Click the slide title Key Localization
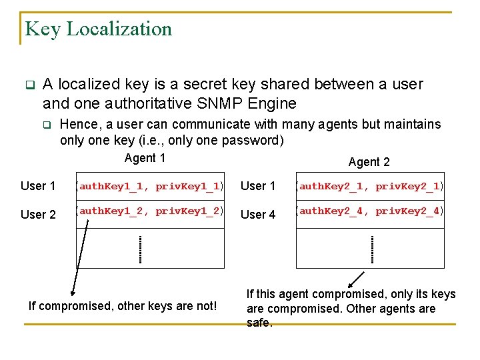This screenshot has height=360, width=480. [x=98, y=29]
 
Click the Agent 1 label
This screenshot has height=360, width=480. [x=145, y=158]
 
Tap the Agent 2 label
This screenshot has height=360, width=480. [x=369, y=162]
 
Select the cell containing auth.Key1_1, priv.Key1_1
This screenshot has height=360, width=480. [x=149, y=187]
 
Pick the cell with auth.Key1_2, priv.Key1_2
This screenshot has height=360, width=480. [x=149, y=212]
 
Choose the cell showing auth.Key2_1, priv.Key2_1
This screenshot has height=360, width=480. [x=370, y=187]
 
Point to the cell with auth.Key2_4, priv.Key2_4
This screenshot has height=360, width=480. [x=370, y=212]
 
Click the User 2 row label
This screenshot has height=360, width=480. [x=38, y=214]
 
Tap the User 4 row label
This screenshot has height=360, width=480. [x=257, y=214]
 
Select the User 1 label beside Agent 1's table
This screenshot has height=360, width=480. [x=38, y=186]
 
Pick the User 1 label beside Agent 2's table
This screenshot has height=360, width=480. [x=257, y=186]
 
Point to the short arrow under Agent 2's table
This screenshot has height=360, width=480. [x=356, y=279]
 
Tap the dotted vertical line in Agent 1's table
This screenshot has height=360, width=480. [x=140, y=249]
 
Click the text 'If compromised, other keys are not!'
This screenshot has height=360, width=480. [x=123, y=306]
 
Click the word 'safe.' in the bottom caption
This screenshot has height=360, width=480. [x=259, y=323]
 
